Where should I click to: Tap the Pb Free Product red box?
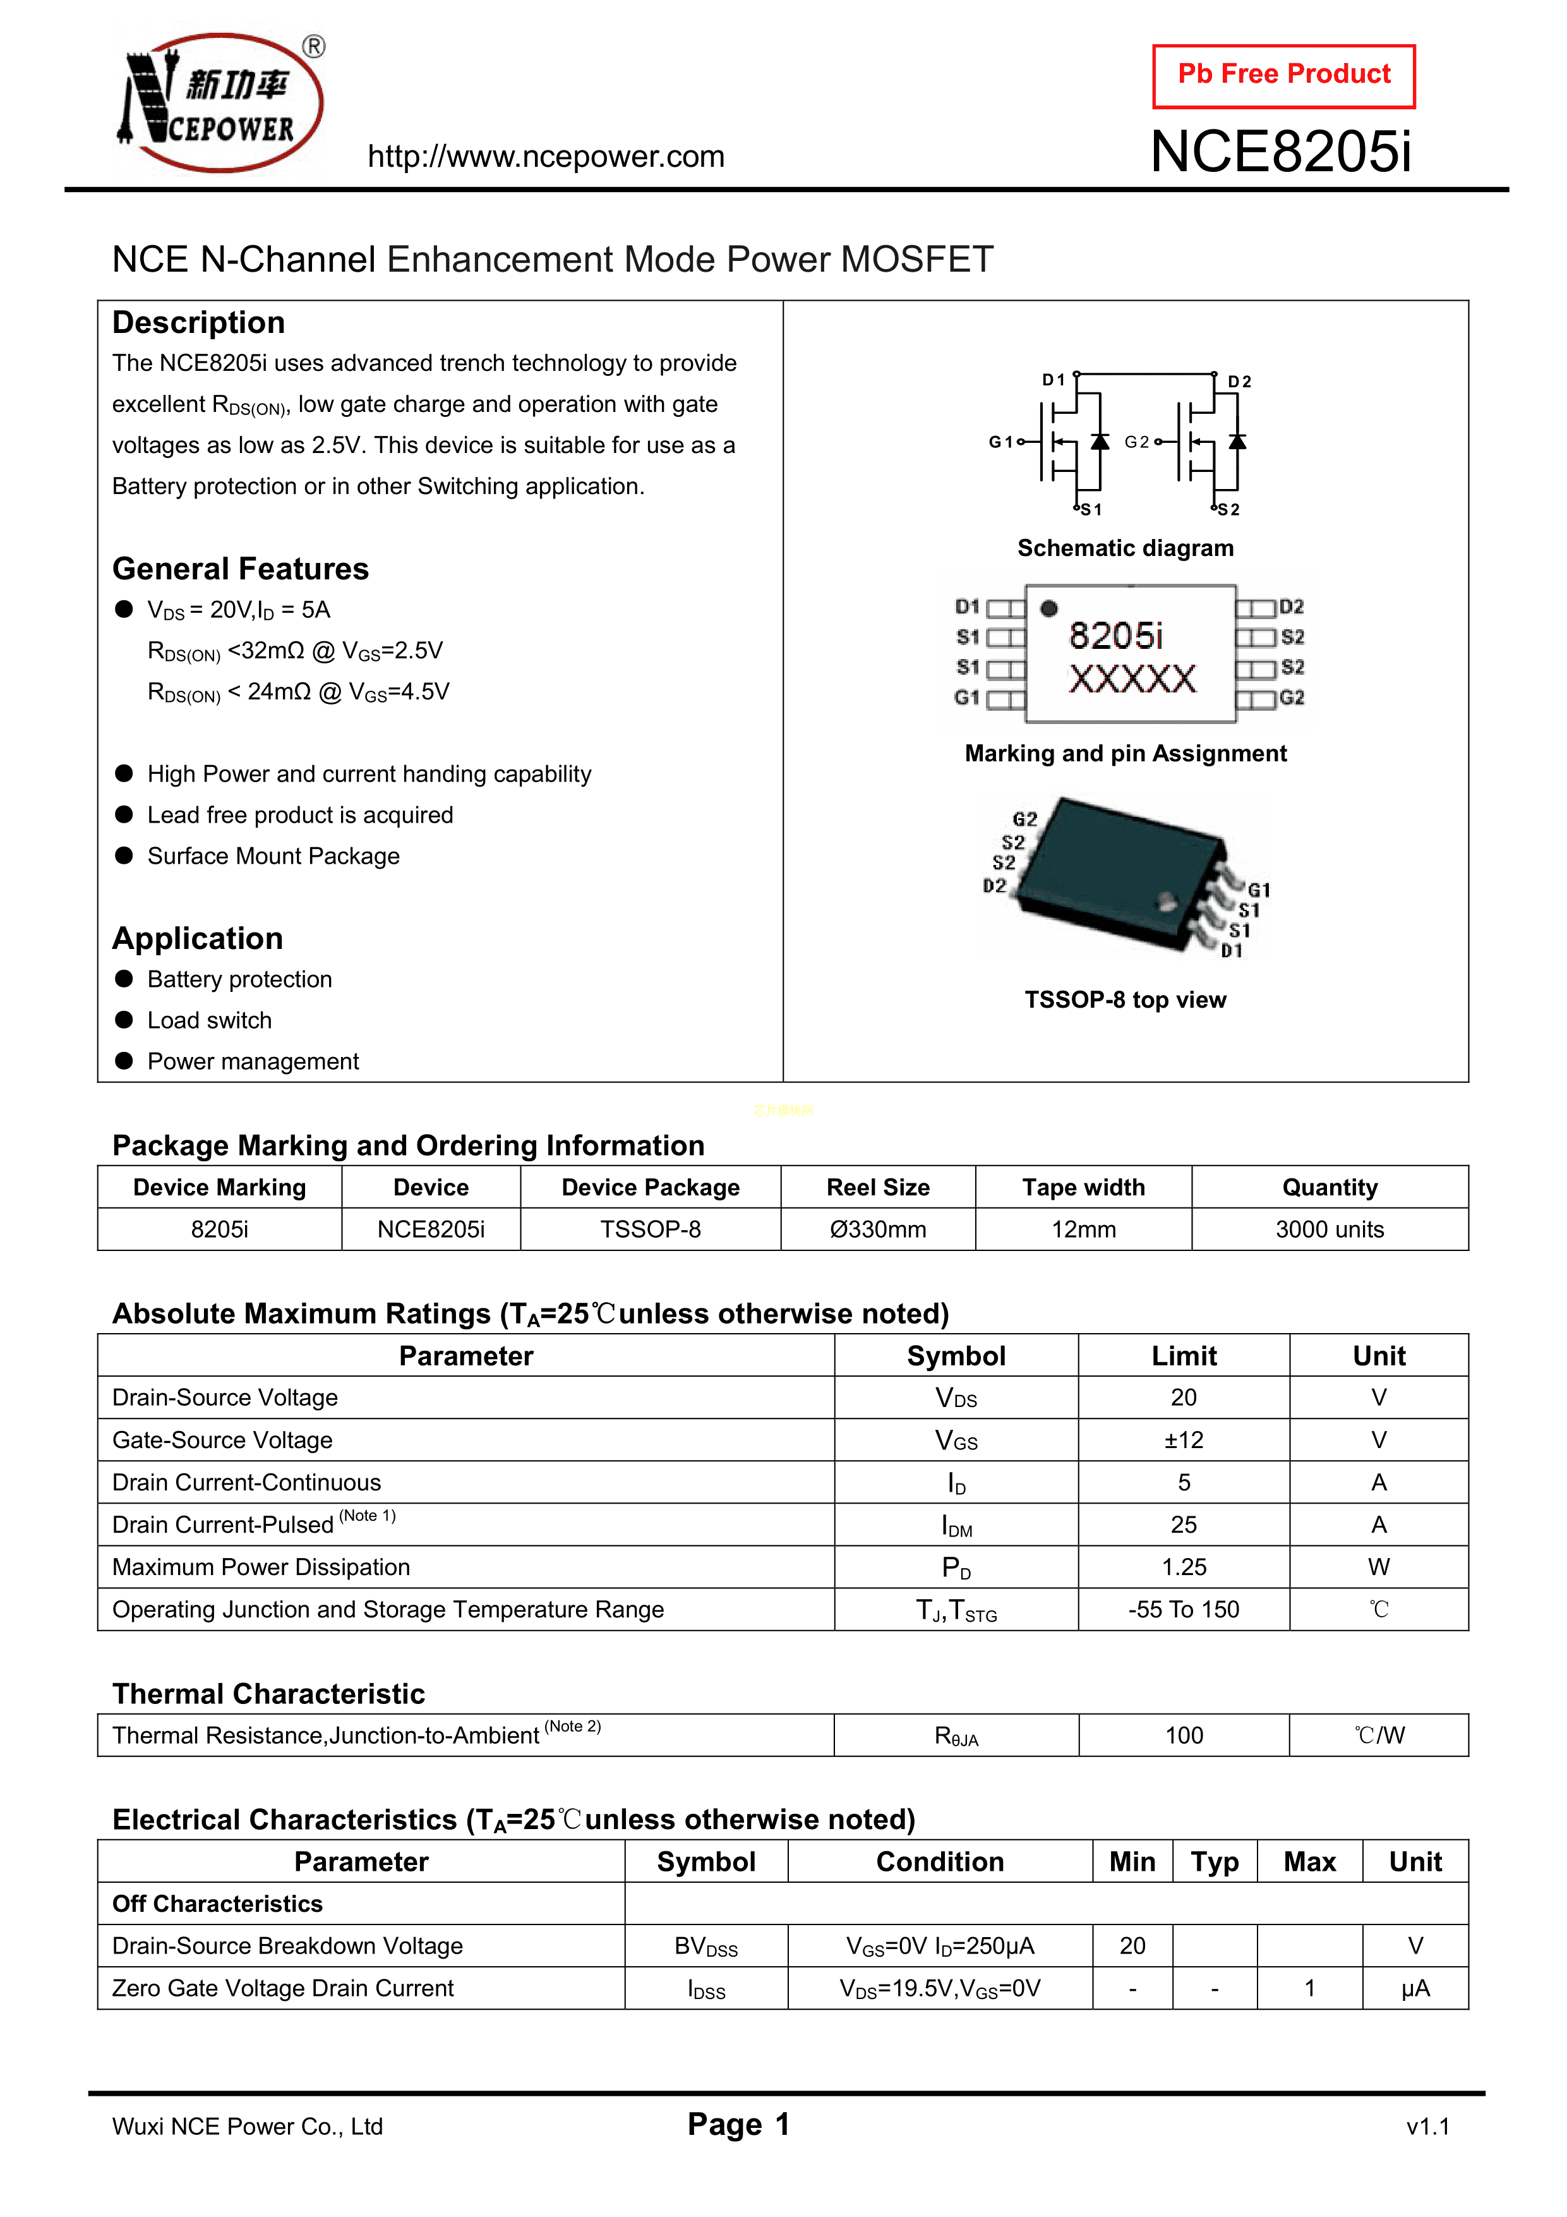tap(1283, 75)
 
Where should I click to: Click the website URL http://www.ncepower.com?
tap(546, 157)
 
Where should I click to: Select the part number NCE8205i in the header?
tap(1280, 152)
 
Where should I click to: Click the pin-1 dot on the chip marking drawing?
tap(1048, 608)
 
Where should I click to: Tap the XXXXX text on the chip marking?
tap(1132, 679)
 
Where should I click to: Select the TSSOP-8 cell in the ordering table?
tap(650, 1229)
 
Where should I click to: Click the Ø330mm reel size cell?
tap(878, 1229)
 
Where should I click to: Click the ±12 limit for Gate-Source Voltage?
tap(1183, 1440)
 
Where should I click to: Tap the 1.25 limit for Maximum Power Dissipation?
tap(1183, 1567)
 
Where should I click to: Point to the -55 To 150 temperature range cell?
tap(1183, 1610)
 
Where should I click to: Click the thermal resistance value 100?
tap(1183, 1735)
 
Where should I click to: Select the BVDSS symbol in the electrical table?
tap(705, 1947)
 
